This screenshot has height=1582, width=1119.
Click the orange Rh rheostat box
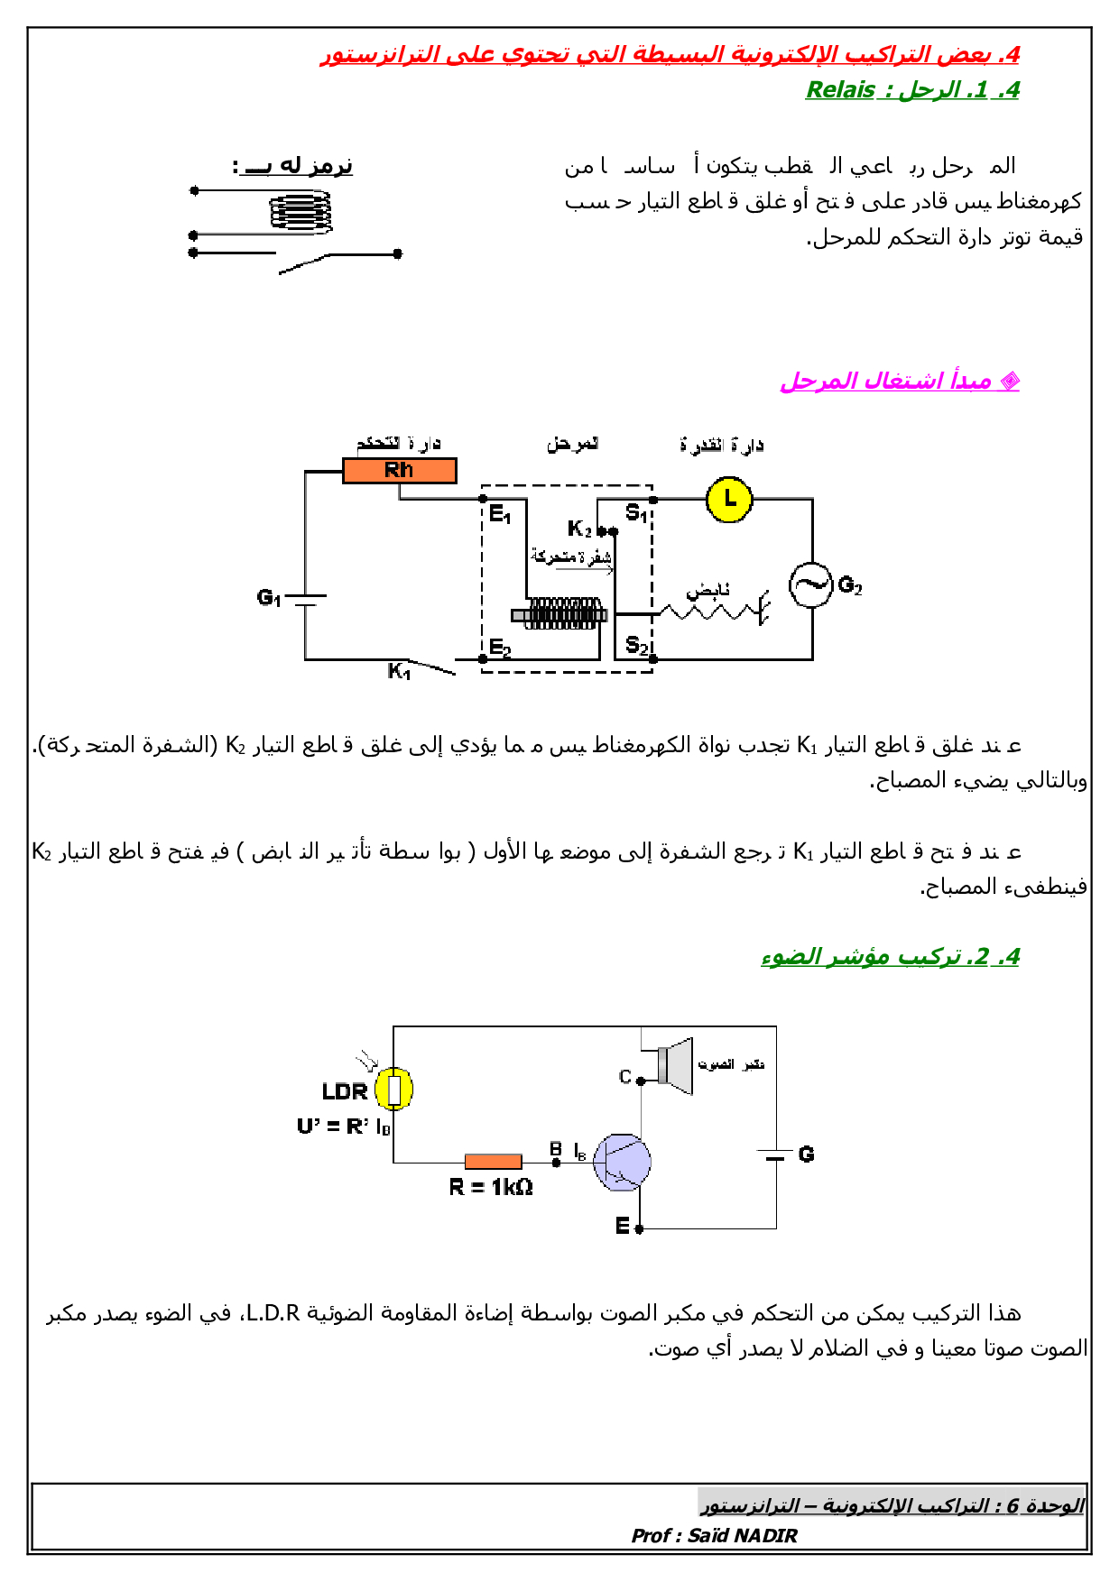399,470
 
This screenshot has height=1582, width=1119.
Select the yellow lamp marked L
729,499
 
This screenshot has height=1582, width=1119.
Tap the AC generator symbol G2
810,584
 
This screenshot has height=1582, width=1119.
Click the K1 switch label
399,671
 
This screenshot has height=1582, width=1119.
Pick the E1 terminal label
500,515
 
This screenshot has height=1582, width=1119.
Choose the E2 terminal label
500,647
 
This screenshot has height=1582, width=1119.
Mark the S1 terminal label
636,513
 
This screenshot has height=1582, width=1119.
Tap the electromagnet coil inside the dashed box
564,613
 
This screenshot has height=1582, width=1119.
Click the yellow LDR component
393,1089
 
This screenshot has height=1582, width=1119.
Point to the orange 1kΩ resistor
493,1162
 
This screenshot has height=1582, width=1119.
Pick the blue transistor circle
622,1162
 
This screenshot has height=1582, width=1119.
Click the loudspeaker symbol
676,1065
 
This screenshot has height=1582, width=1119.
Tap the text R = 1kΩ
491,1187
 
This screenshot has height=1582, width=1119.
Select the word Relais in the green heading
840,90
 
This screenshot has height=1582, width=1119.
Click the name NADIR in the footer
767,1535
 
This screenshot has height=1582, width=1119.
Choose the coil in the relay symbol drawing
301,213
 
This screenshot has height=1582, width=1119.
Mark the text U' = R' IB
344,1126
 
